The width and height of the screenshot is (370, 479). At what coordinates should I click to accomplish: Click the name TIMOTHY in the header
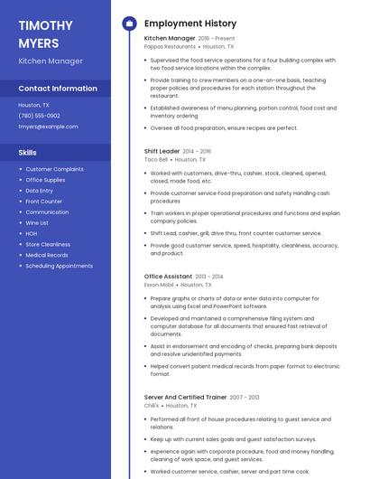pos(45,24)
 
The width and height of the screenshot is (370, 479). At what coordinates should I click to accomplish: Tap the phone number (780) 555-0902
pos(40,116)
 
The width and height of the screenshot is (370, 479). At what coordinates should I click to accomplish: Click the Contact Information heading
pos(58,89)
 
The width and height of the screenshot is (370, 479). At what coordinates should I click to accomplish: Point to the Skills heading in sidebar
pos(28,153)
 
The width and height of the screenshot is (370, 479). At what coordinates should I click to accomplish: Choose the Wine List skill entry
pos(37,222)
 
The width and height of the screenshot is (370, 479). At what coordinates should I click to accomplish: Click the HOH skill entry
pos(32,233)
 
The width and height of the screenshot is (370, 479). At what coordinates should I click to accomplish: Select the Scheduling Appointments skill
pos(59,266)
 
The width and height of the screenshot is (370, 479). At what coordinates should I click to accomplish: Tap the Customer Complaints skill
pos(54,169)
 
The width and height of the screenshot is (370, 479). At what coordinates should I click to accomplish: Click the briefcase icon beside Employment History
pos(129,23)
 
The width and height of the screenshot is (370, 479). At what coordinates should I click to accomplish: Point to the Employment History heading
pos(190,23)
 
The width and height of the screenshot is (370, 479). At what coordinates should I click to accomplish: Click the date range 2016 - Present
pos(217,39)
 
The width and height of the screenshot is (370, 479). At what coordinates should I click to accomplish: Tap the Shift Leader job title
pos(162,151)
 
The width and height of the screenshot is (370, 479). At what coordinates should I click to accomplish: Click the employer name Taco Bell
pos(156,159)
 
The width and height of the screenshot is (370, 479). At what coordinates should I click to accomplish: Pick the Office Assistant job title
pos(168,276)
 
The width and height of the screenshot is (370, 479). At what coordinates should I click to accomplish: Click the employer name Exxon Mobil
pos(159,284)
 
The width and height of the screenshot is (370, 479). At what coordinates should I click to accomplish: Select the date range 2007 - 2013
pos(244,397)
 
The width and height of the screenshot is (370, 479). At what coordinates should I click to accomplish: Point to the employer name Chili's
pos(152,406)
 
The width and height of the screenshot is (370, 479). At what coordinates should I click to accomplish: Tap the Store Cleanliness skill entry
pos(48,244)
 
